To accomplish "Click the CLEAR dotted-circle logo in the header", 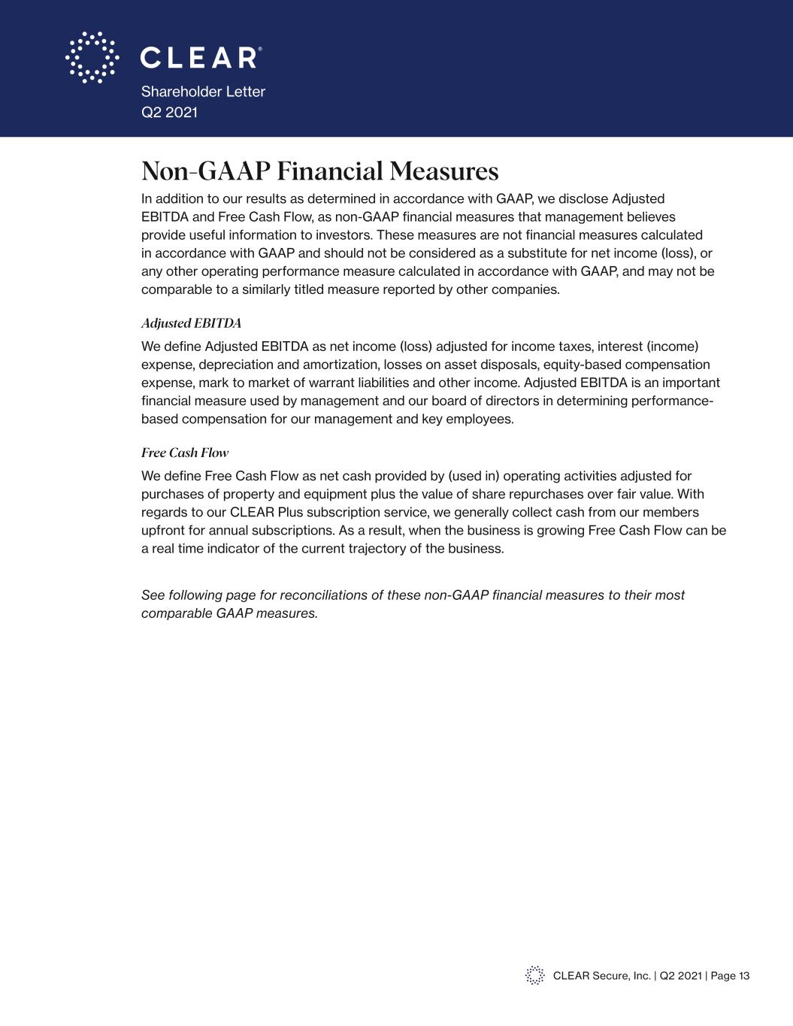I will (92, 57).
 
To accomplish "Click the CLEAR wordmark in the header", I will (200, 58).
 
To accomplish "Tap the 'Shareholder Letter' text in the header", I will (203, 92).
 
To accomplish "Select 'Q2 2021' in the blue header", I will (169, 113).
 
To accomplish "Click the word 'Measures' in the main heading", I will (444, 171).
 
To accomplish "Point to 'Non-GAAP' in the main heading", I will (205, 171).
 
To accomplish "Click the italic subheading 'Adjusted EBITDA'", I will (191, 323).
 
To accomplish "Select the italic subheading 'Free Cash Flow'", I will (185, 452).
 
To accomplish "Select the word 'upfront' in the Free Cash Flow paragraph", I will (163, 530).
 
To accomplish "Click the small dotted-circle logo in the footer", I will (534, 975).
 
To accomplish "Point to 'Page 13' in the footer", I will (730, 976).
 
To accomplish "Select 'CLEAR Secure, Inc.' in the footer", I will (601, 976).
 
